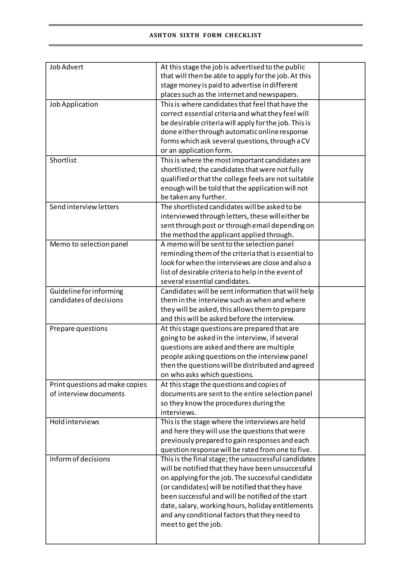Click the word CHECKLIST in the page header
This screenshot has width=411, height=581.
(243, 36)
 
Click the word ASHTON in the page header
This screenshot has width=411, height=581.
(163, 36)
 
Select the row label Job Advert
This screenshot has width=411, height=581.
(66, 67)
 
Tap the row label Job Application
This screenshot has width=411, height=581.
(74, 104)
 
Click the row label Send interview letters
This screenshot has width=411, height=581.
(84, 207)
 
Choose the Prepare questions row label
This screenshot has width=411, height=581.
(78, 328)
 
